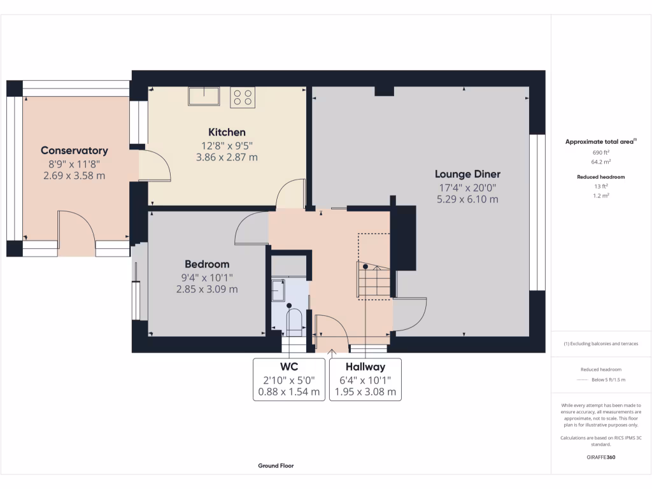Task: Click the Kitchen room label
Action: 227,132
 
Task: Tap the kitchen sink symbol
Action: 204,96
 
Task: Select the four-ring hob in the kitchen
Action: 243,97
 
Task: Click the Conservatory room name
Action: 74,150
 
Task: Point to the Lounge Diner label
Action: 467,174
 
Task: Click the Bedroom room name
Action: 207,264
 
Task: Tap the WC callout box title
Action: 289,367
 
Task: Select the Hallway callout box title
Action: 365,367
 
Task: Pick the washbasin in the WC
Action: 278,290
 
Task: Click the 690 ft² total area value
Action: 601,153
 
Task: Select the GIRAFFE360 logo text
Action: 601,457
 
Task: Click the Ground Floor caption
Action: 276,465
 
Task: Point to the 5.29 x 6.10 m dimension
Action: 467,199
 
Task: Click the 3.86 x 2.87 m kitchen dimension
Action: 227,157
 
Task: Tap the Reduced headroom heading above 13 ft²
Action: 601,177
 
